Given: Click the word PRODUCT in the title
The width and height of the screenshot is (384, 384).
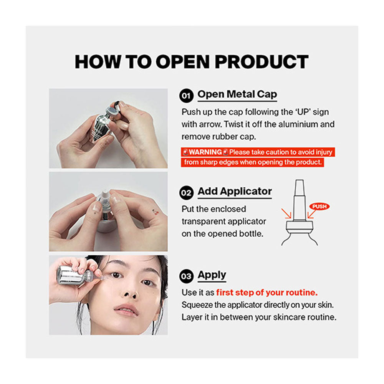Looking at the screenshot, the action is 261,61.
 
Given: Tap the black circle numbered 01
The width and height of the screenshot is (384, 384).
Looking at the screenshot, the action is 186,96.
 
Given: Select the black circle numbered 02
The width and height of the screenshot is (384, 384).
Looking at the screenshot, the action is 186,193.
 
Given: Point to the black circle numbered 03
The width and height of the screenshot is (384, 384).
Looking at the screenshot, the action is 186,276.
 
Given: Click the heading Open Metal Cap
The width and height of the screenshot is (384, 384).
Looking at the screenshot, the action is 237,94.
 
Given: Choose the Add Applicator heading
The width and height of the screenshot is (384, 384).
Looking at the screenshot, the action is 235,191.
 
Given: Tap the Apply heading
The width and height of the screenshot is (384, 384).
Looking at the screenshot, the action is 212,275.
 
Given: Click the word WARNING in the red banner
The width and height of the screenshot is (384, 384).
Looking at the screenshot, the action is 205,152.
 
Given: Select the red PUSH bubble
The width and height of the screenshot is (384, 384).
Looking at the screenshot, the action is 319,207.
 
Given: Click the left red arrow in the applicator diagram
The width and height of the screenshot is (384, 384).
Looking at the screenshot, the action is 286,213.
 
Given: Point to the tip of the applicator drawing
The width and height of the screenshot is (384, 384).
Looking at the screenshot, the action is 299,181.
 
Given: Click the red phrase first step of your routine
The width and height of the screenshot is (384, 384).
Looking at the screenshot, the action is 267,293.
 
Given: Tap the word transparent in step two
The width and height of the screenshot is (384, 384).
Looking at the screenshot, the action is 206,222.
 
